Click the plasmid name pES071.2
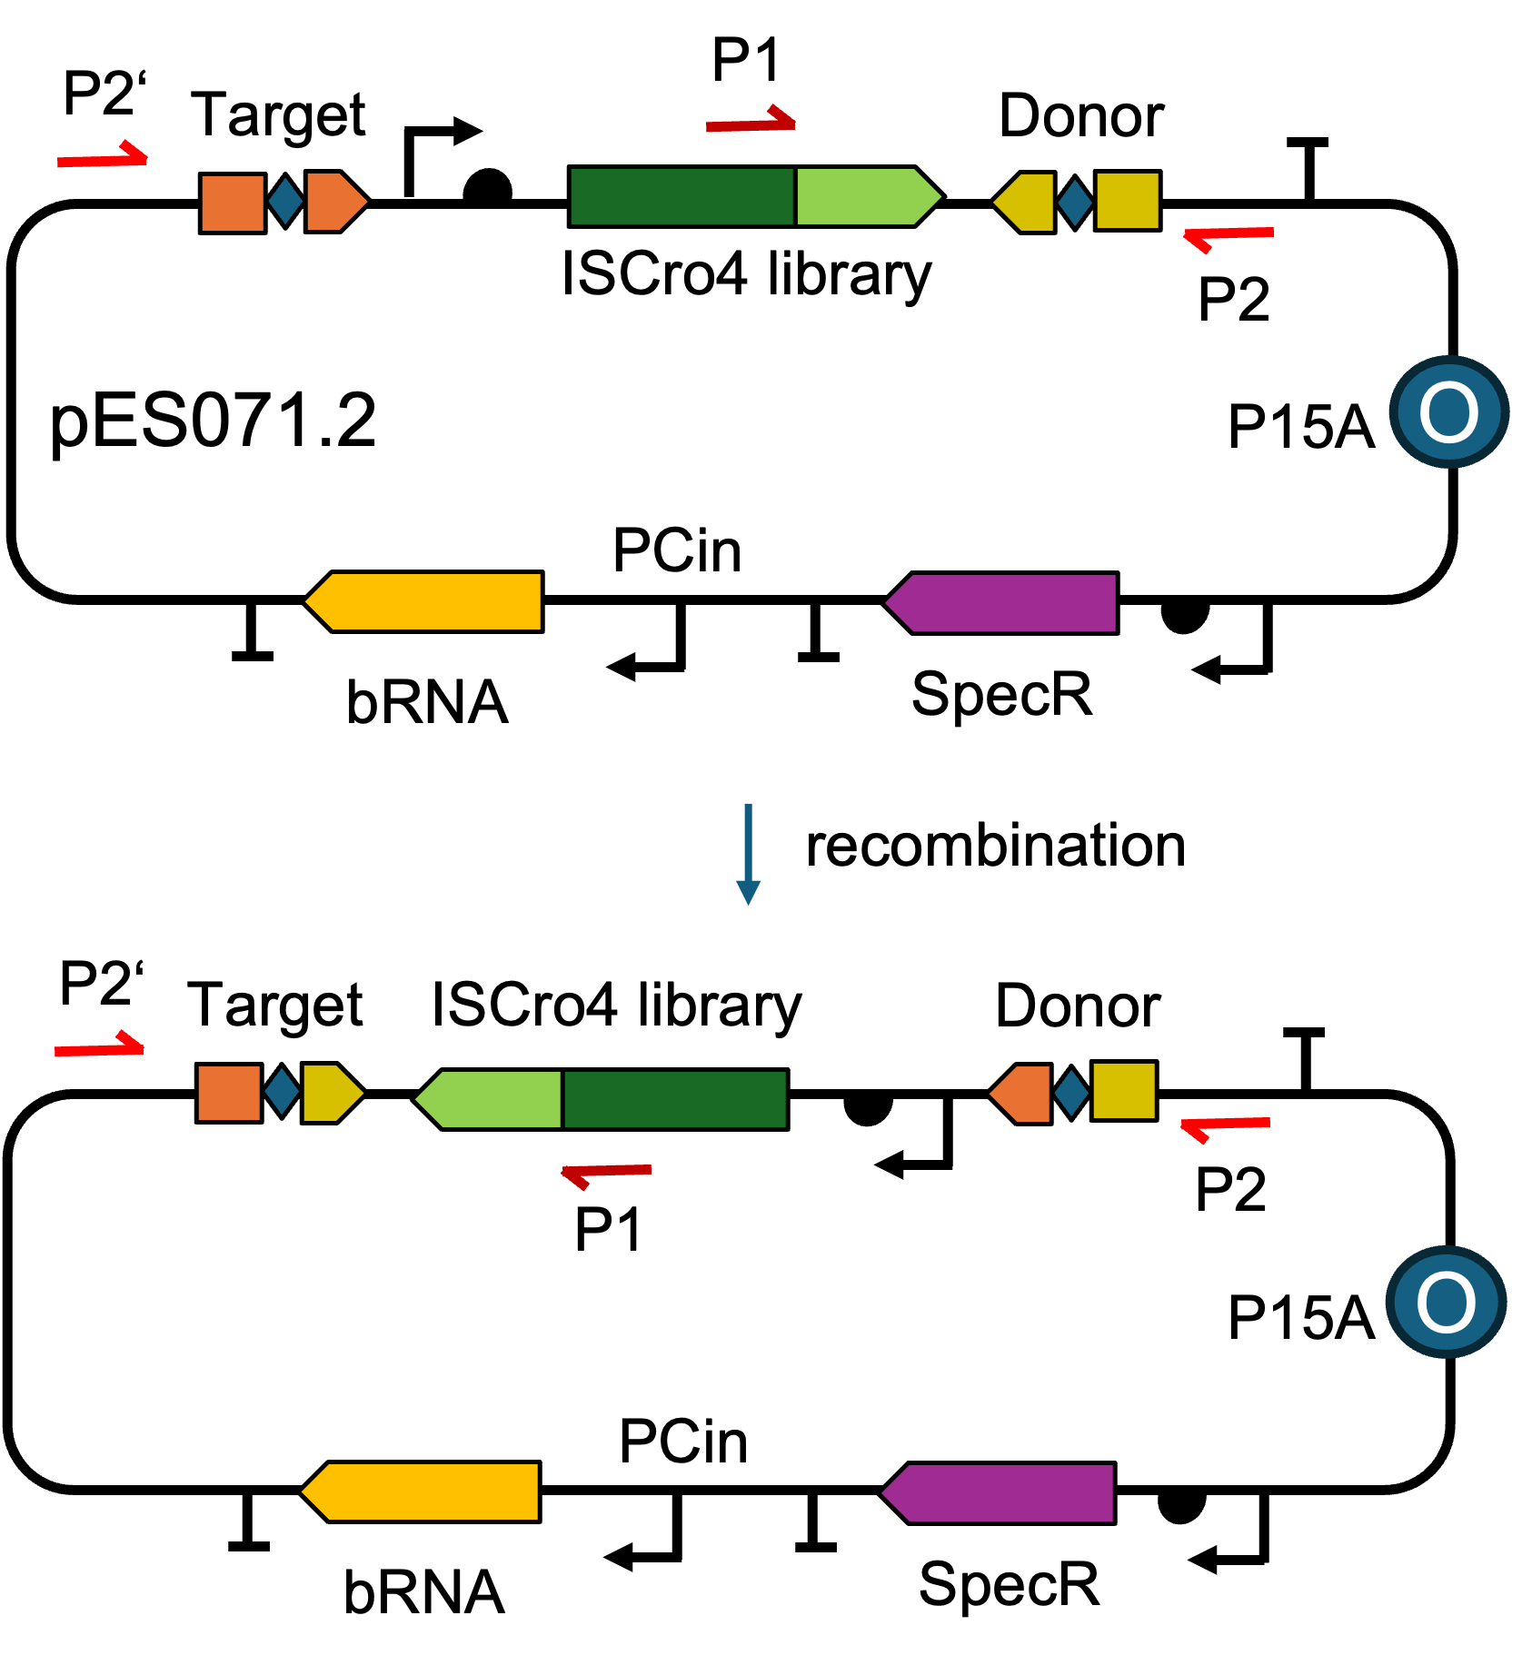pos(213,421)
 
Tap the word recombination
pos(995,846)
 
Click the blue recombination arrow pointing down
pos(748,854)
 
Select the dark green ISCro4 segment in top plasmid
pos(681,196)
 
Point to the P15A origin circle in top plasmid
pos(1448,412)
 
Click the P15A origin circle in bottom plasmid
pos(1446,1303)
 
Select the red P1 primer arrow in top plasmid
pos(751,123)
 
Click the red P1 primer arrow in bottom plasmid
pos(606,1173)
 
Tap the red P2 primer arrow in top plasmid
pos(1229,235)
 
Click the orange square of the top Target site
pos(233,203)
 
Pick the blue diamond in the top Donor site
pos(1075,202)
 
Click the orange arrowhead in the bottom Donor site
pos(1020,1093)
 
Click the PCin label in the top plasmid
pos(677,550)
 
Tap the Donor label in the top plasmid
pos(1081,116)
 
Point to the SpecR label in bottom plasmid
pos(1009,1584)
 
